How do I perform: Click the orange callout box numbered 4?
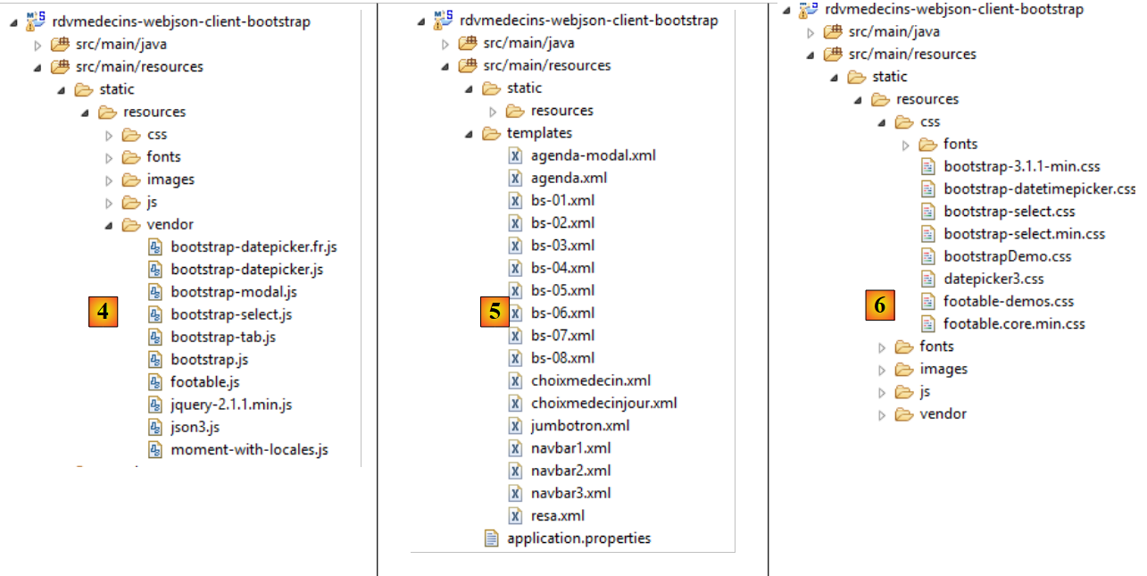click(x=104, y=312)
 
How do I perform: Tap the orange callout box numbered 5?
click(x=495, y=312)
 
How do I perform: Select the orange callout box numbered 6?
click(x=880, y=305)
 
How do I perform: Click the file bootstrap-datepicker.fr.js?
click(x=254, y=246)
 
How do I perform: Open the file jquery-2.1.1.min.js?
click(x=231, y=405)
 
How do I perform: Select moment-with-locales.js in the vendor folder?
click(x=249, y=450)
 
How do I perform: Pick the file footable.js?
click(x=205, y=382)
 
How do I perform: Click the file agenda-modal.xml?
click(x=593, y=155)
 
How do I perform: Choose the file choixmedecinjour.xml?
click(x=603, y=403)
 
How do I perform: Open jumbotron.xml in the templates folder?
click(x=579, y=425)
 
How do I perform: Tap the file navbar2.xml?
click(x=570, y=471)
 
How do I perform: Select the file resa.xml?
click(x=557, y=515)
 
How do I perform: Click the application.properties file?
click(x=578, y=538)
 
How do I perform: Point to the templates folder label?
click(x=539, y=133)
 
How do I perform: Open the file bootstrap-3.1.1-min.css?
click(x=1021, y=166)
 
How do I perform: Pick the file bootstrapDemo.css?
click(x=1007, y=256)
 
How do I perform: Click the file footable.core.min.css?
click(x=1014, y=324)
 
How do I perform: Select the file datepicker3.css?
click(x=993, y=279)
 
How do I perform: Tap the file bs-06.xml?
click(x=562, y=313)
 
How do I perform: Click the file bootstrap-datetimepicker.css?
click(x=1039, y=189)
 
